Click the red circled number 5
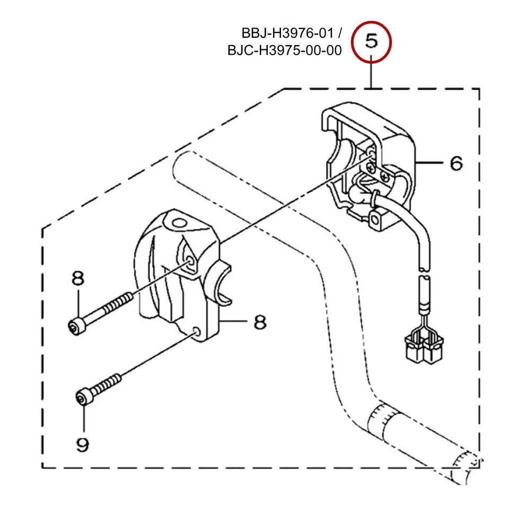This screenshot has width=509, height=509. [x=372, y=40]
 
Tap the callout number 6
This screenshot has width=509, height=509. [x=455, y=163]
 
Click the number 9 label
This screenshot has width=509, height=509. [x=82, y=444]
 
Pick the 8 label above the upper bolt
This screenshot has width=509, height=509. [x=77, y=278]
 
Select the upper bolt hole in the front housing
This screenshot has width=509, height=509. [x=190, y=260]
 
